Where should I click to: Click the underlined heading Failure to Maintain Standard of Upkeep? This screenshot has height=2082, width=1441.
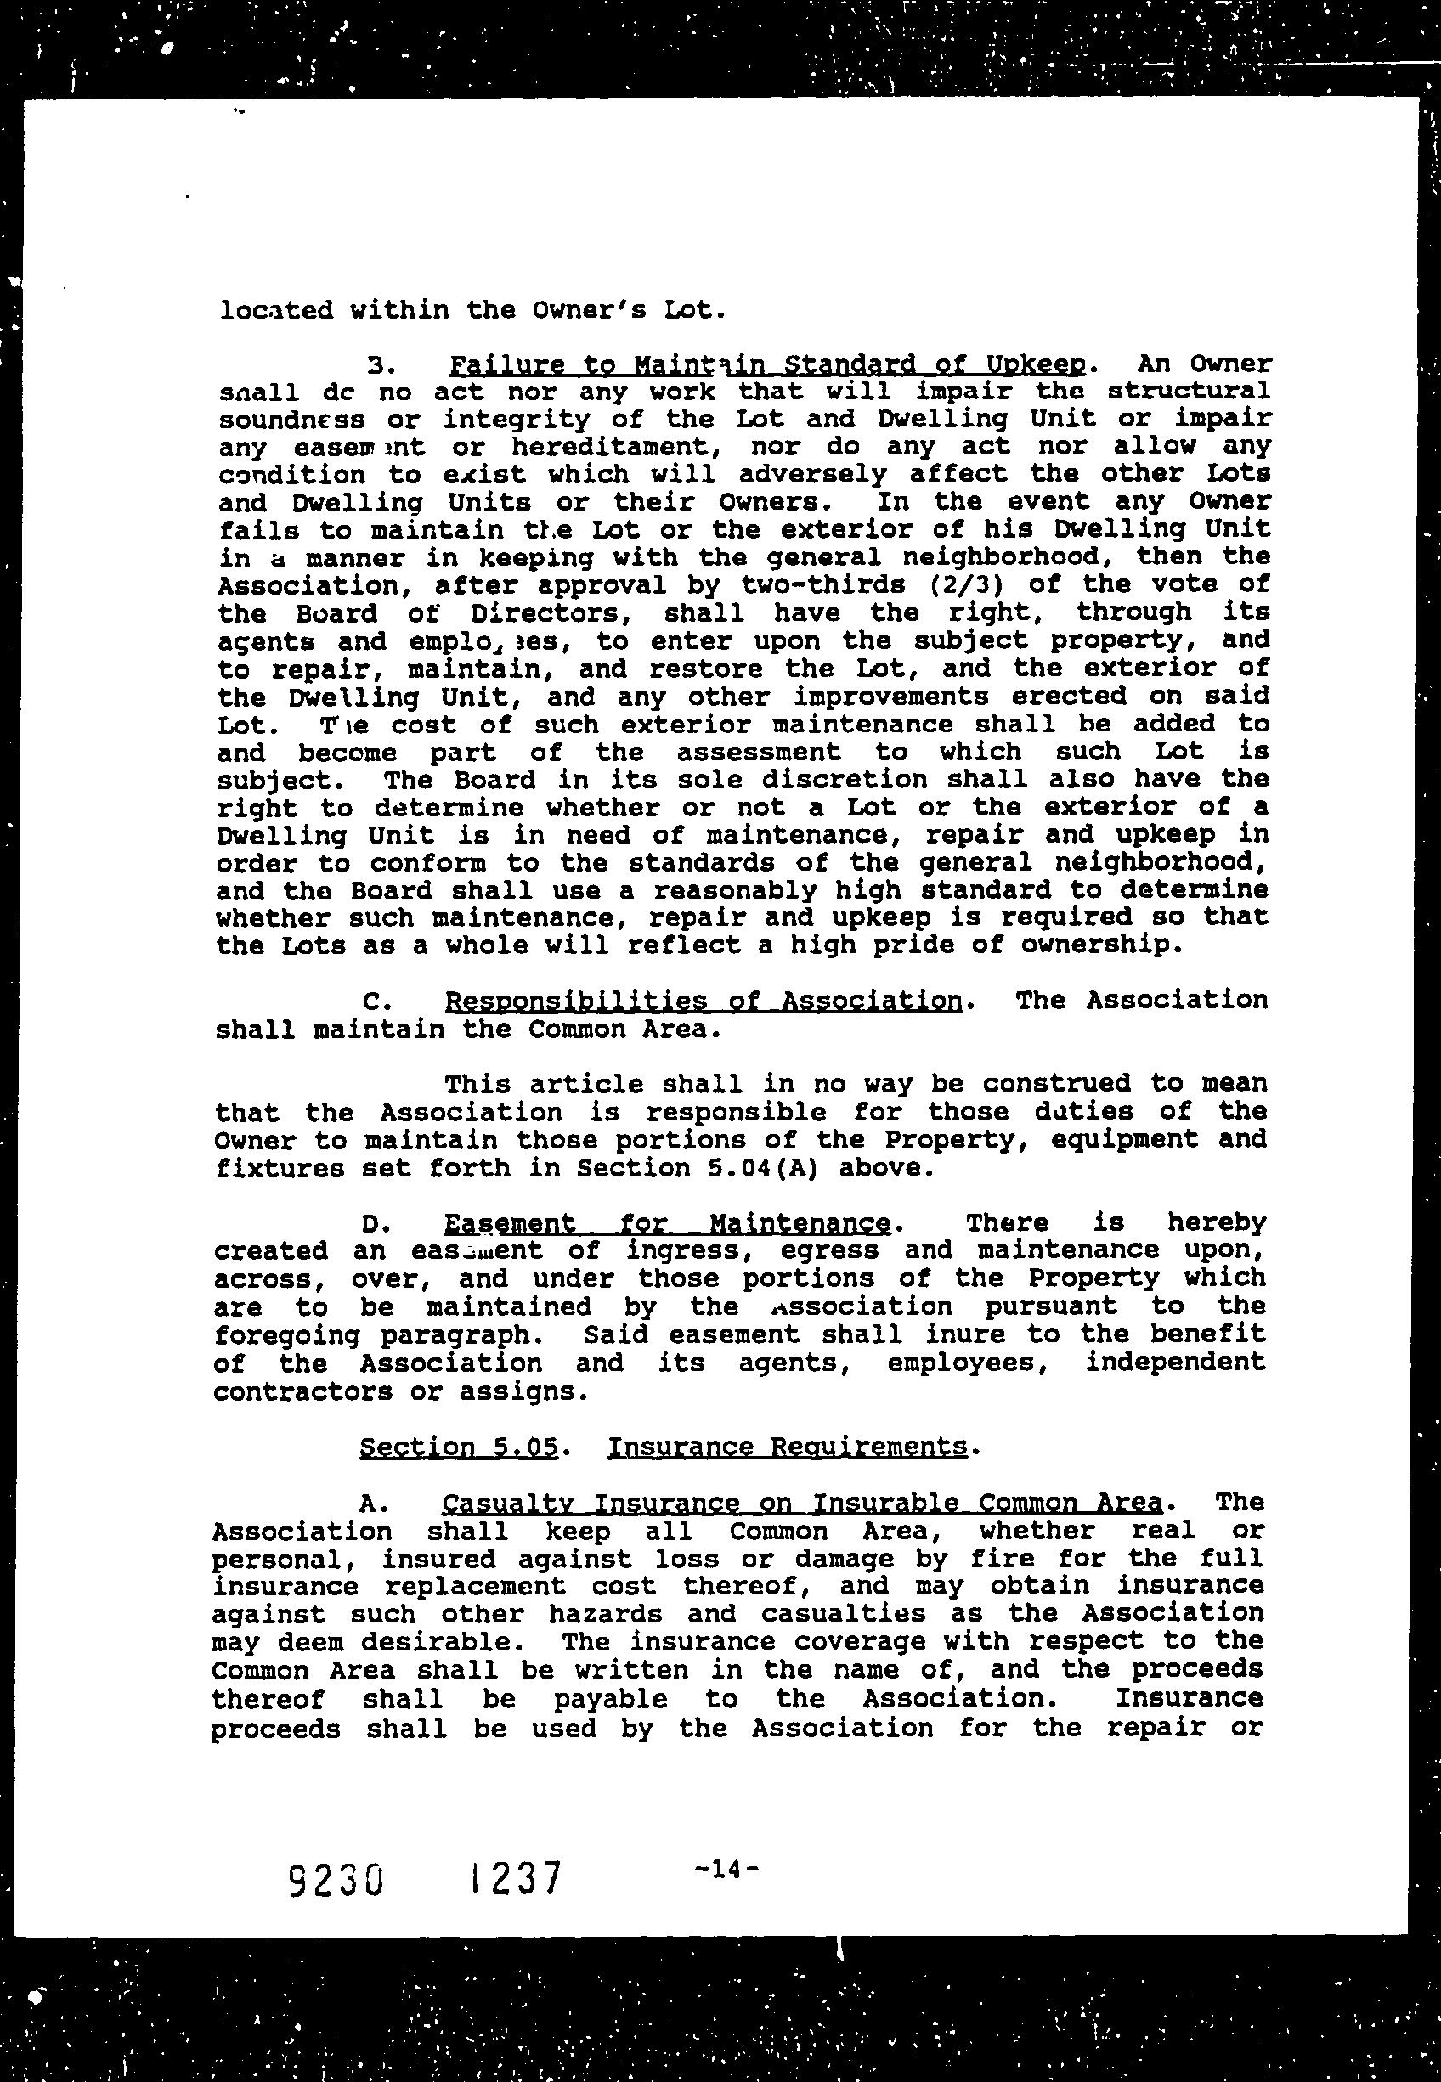(x=766, y=365)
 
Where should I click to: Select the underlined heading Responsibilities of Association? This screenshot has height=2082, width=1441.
(x=704, y=1001)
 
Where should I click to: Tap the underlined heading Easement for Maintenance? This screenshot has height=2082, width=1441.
(x=667, y=1224)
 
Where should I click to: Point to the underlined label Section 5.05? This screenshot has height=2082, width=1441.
(x=460, y=1447)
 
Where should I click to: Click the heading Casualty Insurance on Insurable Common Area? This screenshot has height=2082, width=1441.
(x=802, y=1503)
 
